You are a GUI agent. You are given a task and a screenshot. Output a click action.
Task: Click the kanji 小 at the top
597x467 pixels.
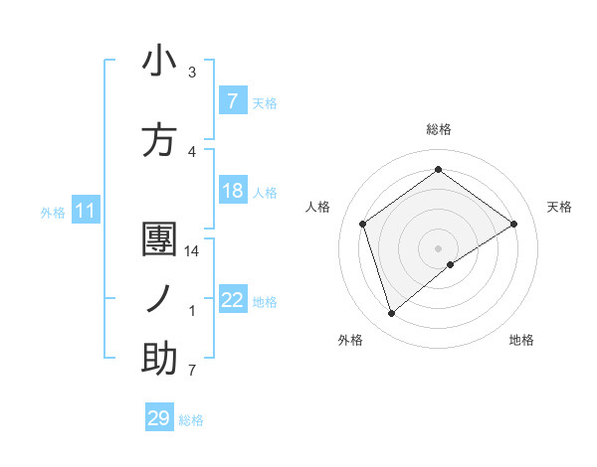pos(159,62)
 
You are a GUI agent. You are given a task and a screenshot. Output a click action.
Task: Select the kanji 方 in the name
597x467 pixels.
pos(159,141)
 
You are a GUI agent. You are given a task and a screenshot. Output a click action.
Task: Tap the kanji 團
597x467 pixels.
pos(159,240)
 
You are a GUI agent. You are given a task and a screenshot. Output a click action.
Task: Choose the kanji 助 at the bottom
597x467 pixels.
pos(159,359)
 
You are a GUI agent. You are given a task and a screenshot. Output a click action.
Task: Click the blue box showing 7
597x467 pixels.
pos(232,101)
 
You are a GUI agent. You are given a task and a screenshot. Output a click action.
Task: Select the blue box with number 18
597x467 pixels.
pos(232,191)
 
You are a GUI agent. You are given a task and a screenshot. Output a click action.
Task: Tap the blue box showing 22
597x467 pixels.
pos(232,300)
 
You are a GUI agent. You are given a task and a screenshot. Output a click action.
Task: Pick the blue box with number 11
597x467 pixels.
pos(85,211)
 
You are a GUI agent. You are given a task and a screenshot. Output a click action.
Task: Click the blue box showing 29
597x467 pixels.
pos(159,418)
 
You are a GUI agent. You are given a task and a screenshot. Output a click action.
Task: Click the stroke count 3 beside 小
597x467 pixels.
pos(192,73)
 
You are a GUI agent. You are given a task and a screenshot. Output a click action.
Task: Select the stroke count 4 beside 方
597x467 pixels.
pos(192,152)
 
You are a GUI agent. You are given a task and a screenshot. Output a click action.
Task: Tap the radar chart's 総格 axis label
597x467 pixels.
pos(438,129)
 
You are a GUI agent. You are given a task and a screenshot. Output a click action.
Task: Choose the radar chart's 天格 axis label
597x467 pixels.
pos(560,207)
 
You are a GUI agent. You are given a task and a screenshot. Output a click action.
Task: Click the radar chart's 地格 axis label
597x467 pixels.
pos(521,340)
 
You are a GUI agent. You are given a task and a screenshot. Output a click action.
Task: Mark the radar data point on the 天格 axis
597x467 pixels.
pos(513,224)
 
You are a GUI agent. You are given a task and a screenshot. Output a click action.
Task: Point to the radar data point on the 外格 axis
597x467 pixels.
pos(391,314)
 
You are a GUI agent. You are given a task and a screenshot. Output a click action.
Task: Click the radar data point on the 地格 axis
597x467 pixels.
pos(451,264)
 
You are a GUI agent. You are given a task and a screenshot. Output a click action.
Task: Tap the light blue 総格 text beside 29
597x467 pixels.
pos(191,420)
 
